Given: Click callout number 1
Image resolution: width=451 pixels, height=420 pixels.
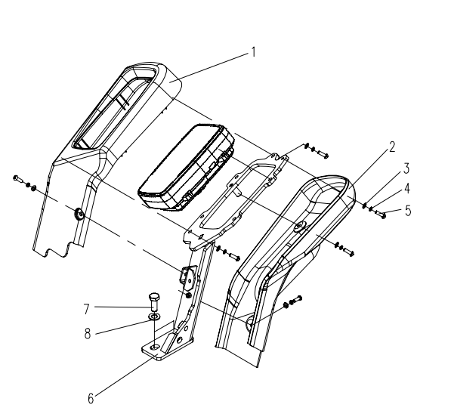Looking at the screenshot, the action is point(253,53).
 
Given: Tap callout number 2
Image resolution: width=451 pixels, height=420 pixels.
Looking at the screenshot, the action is point(392,147).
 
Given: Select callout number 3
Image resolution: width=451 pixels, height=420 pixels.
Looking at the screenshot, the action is point(406,168).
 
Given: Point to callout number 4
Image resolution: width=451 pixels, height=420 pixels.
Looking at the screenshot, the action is point(407,189).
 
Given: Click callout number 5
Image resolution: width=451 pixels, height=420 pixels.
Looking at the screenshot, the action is point(408,211).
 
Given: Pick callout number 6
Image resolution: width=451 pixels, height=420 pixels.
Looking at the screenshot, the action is point(91,399).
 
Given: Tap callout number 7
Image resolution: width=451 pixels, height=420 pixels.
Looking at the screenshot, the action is point(87,309).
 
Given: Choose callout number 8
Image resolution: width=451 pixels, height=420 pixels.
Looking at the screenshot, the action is point(88,334).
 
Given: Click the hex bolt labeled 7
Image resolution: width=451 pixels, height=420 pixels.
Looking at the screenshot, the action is point(154,301).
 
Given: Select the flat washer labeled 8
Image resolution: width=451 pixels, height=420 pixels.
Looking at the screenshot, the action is point(154,317).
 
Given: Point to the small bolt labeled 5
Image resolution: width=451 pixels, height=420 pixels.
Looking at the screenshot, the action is point(380,214).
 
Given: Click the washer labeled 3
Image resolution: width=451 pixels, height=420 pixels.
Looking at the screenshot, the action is point(364,205).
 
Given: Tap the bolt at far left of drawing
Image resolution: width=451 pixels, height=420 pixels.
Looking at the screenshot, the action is point(18,179).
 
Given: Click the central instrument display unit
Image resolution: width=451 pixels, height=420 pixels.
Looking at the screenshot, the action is point(187,166).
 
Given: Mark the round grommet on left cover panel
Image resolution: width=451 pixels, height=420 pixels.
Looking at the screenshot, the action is point(79,214).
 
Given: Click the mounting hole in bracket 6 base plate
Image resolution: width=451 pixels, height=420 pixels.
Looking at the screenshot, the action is point(156,347).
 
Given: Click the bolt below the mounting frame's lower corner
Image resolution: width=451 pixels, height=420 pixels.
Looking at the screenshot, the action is point(234,256).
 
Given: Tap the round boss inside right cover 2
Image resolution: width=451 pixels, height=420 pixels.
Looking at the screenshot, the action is point(299,227).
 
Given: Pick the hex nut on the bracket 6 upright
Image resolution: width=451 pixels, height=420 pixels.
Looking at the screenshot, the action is point(189,295).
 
